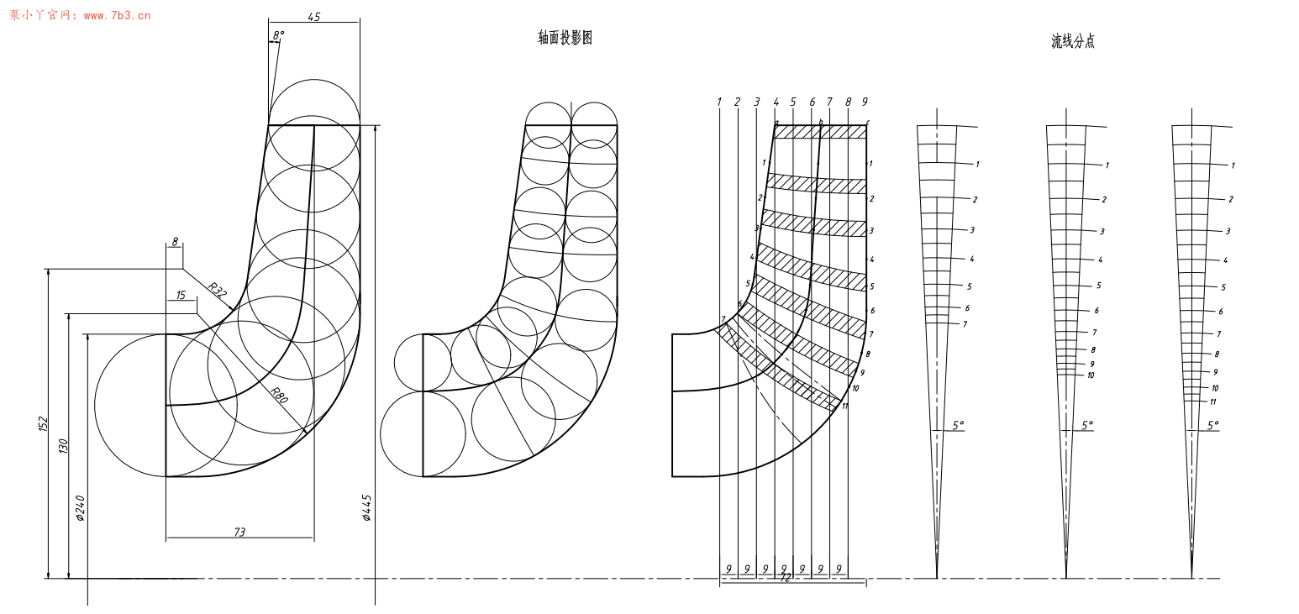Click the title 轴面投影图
point(565,38)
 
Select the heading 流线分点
point(1072,41)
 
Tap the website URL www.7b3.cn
point(117,15)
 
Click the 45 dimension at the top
point(314,17)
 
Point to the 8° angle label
point(278,36)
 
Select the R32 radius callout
point(218,291)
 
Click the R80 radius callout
point(279,396)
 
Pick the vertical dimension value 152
point(44,423)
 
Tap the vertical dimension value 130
point(63,446)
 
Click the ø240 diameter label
point(81,507)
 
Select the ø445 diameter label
point(367,507)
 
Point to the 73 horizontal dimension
point(239,532)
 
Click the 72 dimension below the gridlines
point(786,578)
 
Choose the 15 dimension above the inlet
point(181,295)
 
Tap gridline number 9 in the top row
point(865,102)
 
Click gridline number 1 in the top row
point(719,102)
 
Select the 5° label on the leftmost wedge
point(958,426)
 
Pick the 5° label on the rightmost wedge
point(1212,426)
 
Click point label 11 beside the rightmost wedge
point(1212,402)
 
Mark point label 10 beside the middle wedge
point(1091,375)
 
